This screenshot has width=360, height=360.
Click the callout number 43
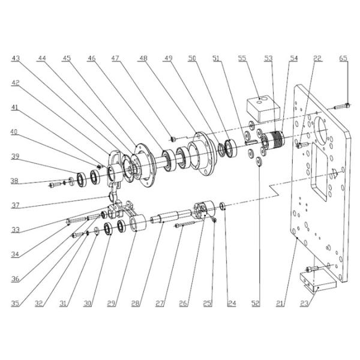pyautogui.click(x=16, y=58)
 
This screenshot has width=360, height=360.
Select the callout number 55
pyautogui.click(x=242, y=58)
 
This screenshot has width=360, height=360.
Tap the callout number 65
pyautogui.click(x=343, y=58)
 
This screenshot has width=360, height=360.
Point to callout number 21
pyautogui.click(x=280, y=304)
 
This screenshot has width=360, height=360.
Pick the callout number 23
pyautogui.click(x=304, y=304)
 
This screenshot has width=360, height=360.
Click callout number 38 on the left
pyautogui.click(x=14, y=181)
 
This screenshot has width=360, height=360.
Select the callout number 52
pyautogui.click(x=256, y=304)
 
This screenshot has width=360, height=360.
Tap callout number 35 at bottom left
pyautogui.click(x=15, y=304)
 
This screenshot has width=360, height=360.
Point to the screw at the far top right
pyautogui.click(x=341, y=107)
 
